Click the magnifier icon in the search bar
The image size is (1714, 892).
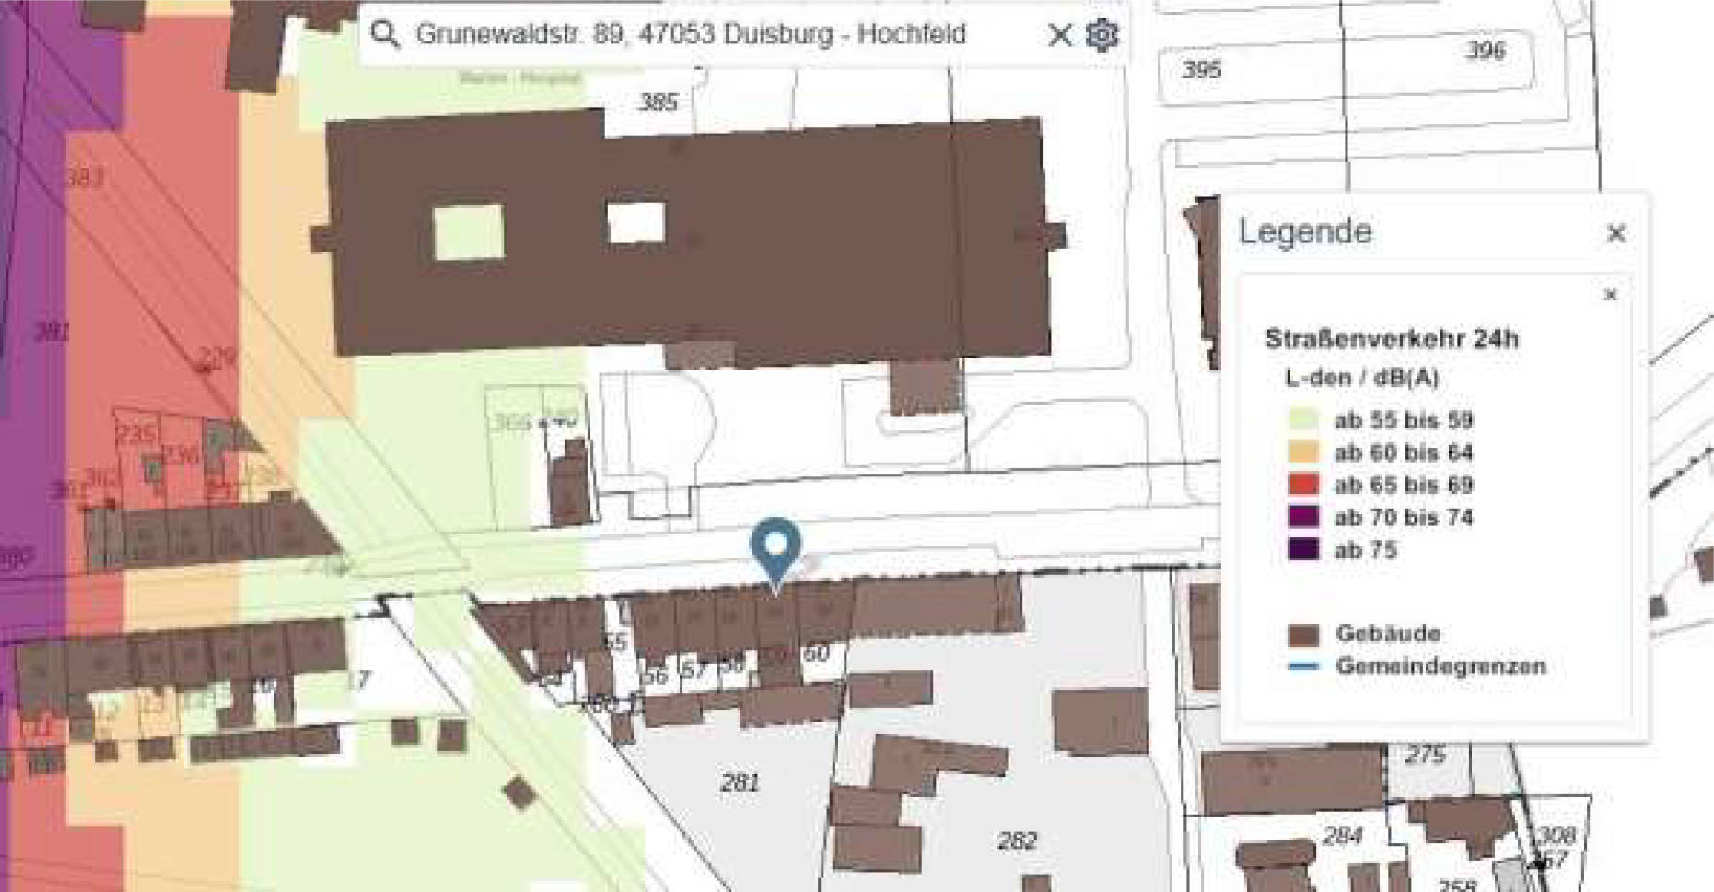click(384, 34)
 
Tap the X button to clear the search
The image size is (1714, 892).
click(1060, 35)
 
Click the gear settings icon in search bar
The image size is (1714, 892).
click(1102, 35)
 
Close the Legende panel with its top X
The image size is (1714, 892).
click(1615, 233)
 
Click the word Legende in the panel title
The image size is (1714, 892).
click(1305, 231)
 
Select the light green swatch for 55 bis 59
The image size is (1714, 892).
click(1303, 419)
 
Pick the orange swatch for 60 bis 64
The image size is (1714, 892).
click(1303, 452)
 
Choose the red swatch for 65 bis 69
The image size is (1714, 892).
click(1303, 484)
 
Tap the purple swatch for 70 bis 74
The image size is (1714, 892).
click(1303, 516)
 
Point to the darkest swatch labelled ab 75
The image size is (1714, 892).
click(1303, 549)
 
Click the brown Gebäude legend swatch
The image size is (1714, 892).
click(1303, 634)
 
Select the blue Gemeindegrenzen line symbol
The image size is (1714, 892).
click(1303, 665)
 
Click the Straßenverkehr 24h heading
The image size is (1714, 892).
click(1391, 339)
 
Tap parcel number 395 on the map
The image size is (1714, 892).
click(1202, 69)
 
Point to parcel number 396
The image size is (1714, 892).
click(1486, 50)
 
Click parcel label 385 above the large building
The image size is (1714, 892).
click(658, 102)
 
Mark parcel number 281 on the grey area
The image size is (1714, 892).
click(740, 783)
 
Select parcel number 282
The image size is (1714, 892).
click(1017, 840)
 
